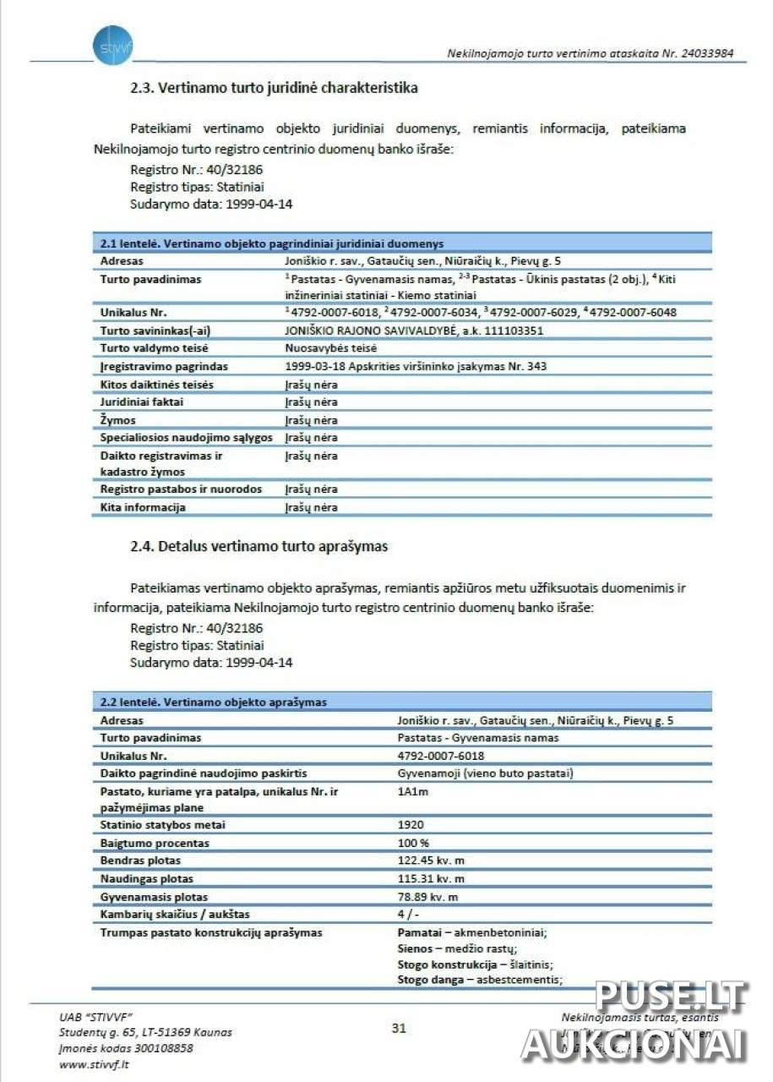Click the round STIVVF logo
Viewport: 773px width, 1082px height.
(113, 45)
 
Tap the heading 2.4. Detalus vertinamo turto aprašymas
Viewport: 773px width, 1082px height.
(259, 546)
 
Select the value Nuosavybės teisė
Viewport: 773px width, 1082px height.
(330, 348)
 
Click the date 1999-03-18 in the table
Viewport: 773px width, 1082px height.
(313, 366)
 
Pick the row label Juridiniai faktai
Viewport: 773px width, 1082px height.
(141, 402)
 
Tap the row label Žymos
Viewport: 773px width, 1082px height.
(118, 420)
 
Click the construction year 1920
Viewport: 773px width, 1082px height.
(411, 824)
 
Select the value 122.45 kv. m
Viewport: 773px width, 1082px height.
(431, 861)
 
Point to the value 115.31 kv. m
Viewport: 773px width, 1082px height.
(431, 878)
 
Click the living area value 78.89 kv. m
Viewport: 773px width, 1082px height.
(427, 897)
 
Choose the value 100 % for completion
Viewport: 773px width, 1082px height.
(414, 843)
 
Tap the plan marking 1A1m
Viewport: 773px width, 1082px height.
(413, 792)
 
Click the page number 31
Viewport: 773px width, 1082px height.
(399, 1028)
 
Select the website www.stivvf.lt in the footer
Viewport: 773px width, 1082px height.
(94, 1064)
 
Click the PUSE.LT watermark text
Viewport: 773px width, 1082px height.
(672, 997)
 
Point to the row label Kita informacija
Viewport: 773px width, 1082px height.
(143, 507)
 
